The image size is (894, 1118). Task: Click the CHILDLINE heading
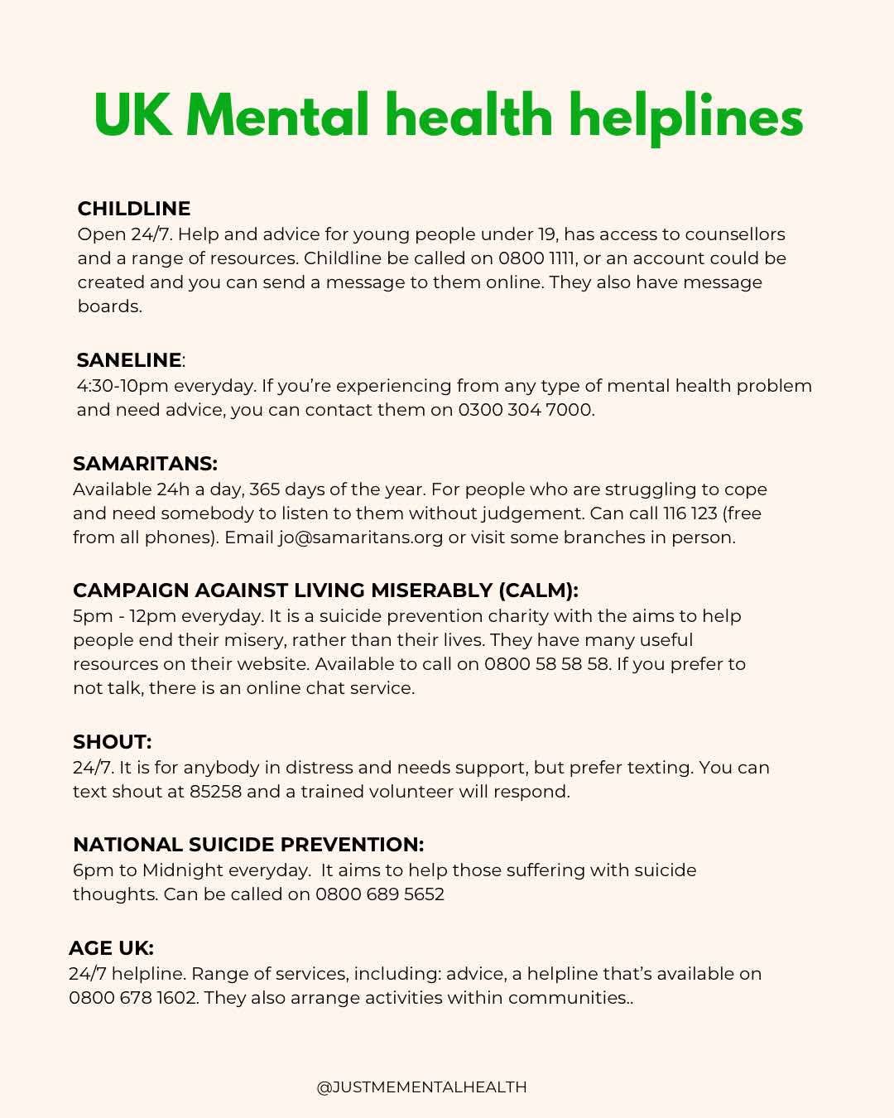(x=133, y=209)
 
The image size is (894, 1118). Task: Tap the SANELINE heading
(x=129, y=360)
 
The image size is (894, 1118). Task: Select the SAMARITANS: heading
(x=145, y=464)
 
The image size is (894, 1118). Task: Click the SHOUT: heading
(x=112, y=742)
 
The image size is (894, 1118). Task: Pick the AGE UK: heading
(x=111, y=948)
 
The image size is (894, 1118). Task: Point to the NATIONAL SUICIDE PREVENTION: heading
(x=248, y=845)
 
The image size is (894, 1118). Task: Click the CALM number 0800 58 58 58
(x=546, y=664)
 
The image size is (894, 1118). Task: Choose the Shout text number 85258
(x=215, y=792)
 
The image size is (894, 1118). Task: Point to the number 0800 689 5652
(x=379, y=894)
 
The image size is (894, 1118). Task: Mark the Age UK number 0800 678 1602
(x=133, y=998)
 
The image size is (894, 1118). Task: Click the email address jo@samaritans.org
(x=361, y=537)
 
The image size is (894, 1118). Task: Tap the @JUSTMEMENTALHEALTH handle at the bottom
(x=421, y=1087)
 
